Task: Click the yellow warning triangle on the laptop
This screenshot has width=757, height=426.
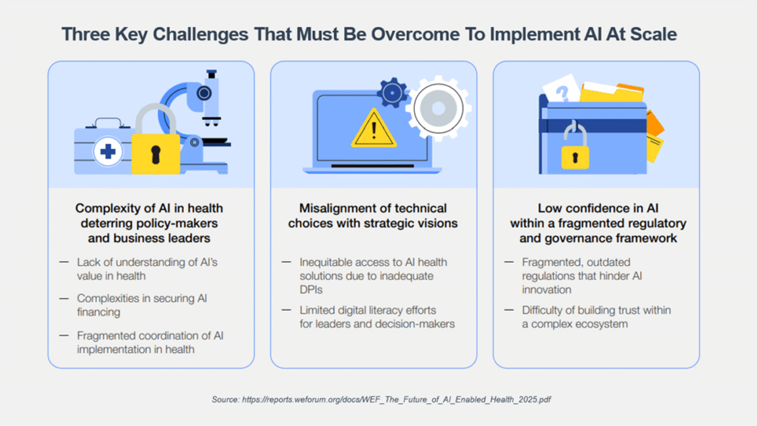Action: click(373, 129)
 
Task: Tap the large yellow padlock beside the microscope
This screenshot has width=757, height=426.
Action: click(156, 142)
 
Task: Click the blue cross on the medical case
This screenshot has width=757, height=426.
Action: click(108, 151)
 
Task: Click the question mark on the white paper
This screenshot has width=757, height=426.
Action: click(562, 93)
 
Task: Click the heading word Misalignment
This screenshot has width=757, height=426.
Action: click(338, 209)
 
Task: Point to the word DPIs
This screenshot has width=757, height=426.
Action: click(311, 290)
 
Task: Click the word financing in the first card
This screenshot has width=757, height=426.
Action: click(98, 312)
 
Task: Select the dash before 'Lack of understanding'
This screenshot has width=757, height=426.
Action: click(64, 262)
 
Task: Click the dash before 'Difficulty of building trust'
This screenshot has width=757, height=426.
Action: click(509, 310)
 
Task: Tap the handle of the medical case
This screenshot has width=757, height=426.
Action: click(108, 122)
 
